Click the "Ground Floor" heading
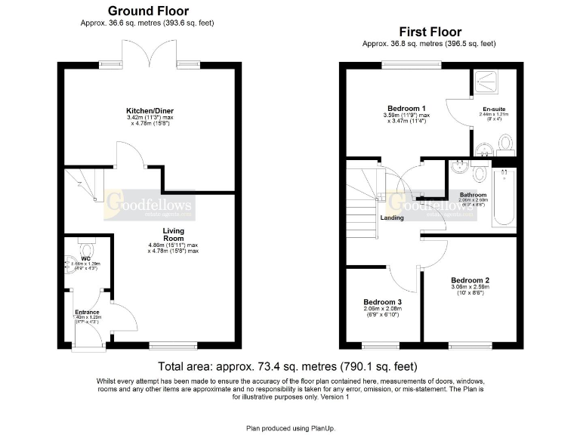148,11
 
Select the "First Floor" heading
429,32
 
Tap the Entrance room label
87,311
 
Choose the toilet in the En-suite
505,143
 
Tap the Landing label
391,218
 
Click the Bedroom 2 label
470,279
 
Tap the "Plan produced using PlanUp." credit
290,427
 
